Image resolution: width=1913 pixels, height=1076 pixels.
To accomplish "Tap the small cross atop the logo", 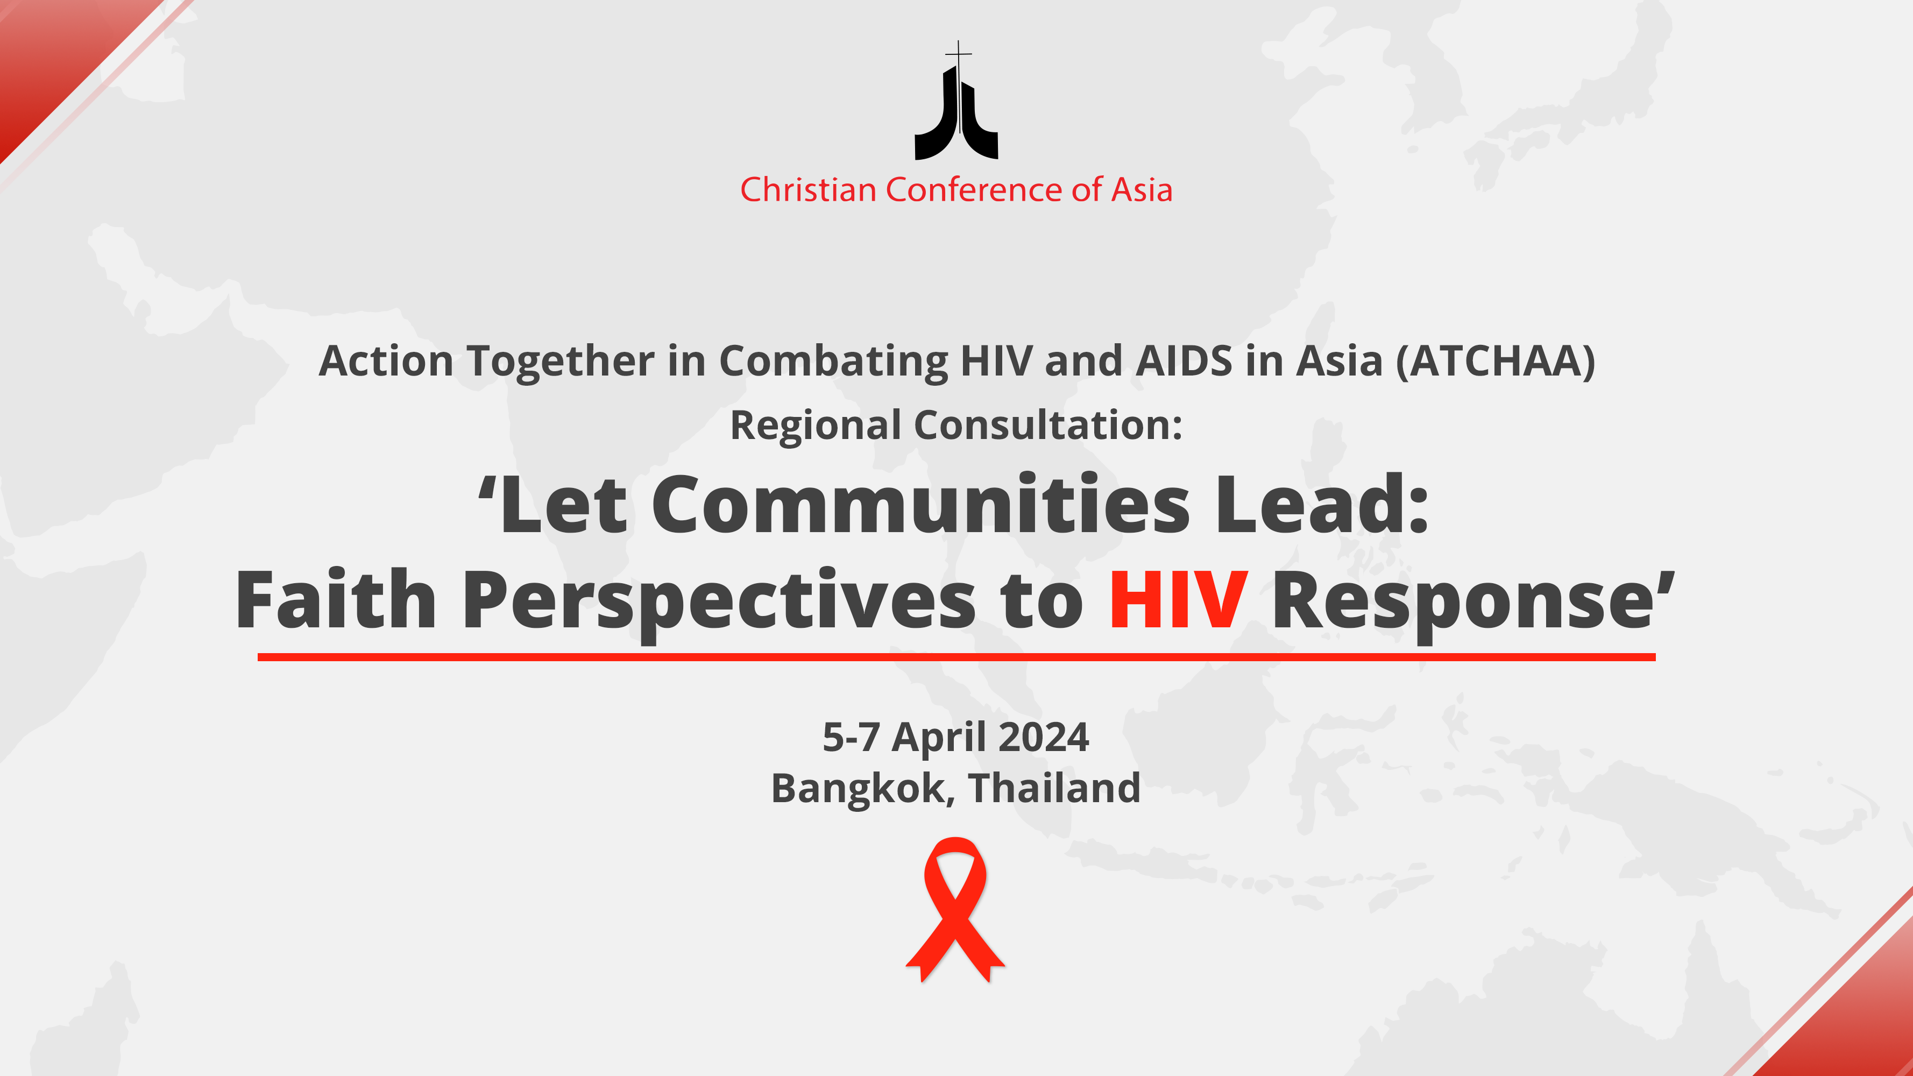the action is [x=959, y=53].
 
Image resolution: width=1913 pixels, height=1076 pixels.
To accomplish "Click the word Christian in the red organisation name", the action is [x=808, y=189].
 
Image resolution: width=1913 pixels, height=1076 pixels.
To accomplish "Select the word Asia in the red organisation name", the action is [x=1142, y=189].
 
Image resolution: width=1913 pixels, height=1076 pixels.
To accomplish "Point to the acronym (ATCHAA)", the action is [x=1496, y=362].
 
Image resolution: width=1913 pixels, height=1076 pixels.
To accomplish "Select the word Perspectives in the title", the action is [x=719, y=603].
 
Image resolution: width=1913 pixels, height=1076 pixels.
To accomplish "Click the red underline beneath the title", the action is [x=956, y=656].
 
